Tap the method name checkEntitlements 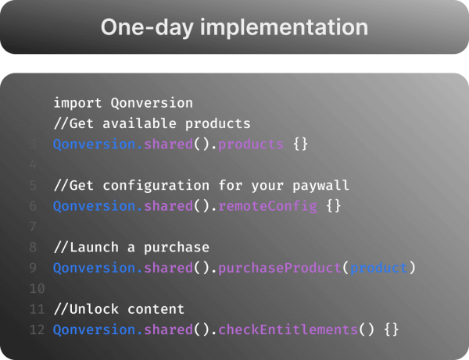point(285,330)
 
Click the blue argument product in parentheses point(379,268)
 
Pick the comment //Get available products point(152,123)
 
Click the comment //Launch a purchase point(131,248)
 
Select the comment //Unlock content point(119,309)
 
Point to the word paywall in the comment point(320,186)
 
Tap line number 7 point(33,226)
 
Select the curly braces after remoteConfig point(334,206)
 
